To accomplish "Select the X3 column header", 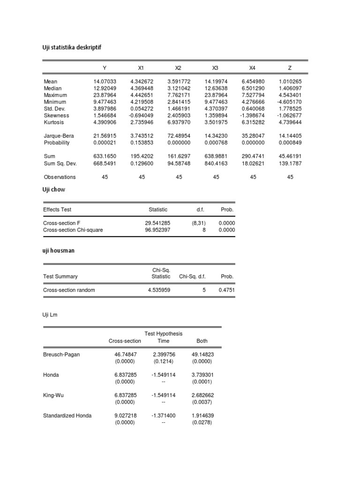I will (216, 68).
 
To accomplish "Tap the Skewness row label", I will (56, 115).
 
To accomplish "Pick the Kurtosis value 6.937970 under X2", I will (179, 122).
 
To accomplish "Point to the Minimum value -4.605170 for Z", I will (290, 102).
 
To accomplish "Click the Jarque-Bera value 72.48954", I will (179, 136).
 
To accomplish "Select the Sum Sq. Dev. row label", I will (60, 164).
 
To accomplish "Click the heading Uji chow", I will (54, 190).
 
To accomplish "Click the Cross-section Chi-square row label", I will (73, 230).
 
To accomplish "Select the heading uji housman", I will (59, 251).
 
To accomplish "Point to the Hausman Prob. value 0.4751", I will (227, 290).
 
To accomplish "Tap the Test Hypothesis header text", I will (164, 334).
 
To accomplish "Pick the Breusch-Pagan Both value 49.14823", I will (202, 354).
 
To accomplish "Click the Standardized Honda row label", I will (67, 415).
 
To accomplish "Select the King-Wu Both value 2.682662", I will (202, 395).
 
